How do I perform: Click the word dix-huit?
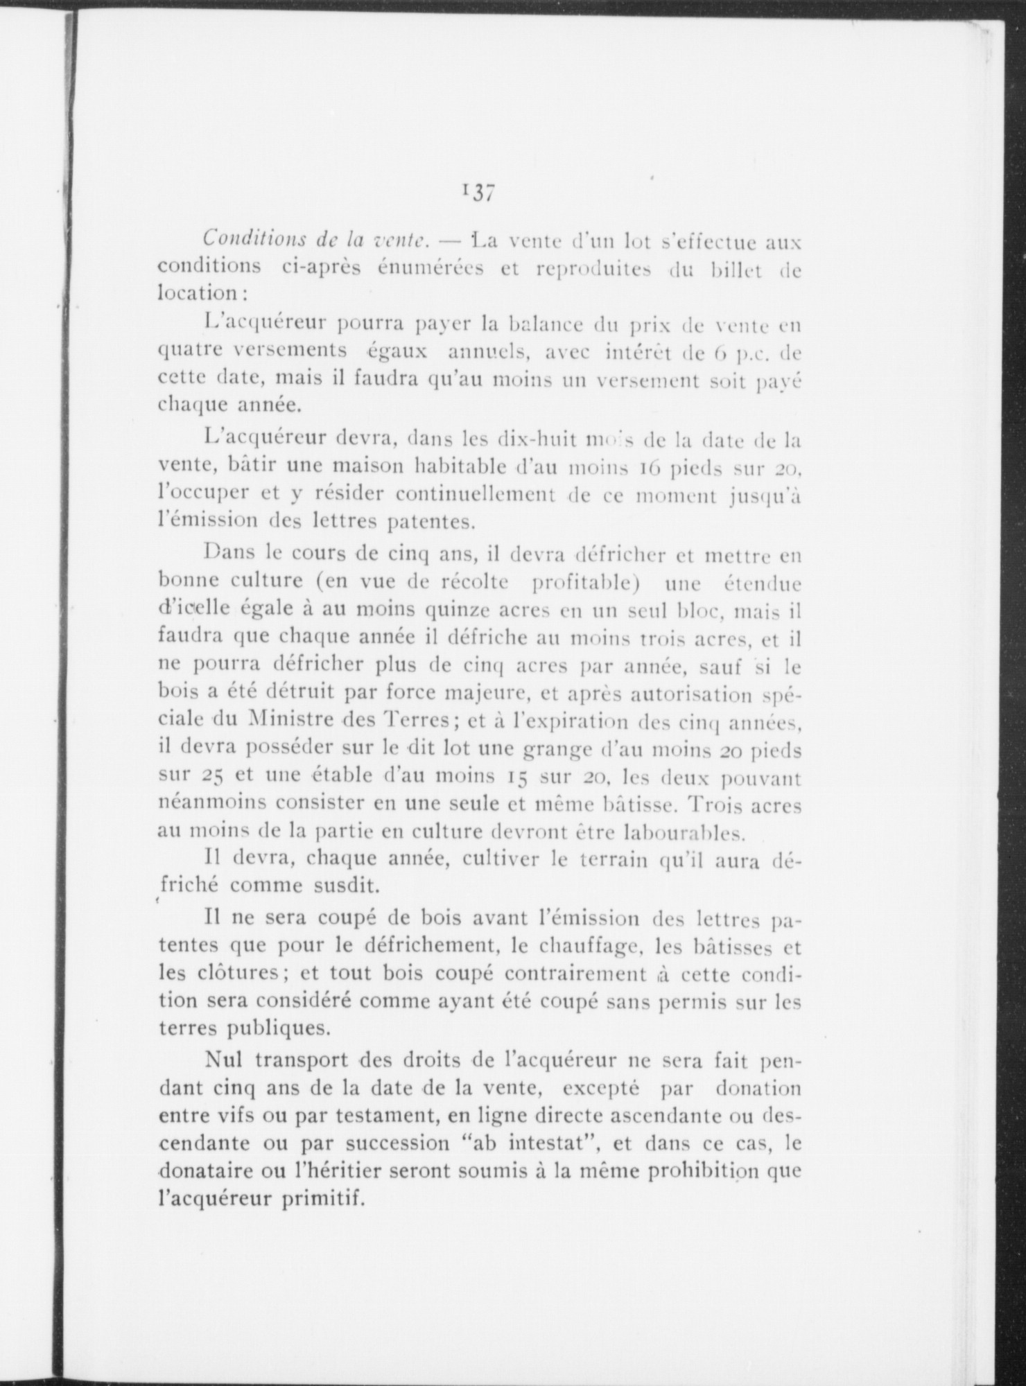tap(537, 439)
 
